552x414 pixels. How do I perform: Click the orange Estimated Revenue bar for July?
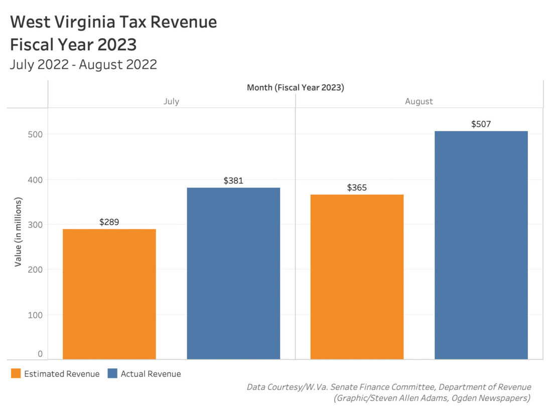[x=109, y=294]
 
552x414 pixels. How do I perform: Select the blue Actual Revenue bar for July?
[x=233, y=273]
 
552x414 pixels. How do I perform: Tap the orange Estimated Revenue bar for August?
[x=357, y=277]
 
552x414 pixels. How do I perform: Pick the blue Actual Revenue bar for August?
[x=481, y=245]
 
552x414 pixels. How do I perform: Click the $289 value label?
[x=109, y=222]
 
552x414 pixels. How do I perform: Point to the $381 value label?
[x=233, y=181]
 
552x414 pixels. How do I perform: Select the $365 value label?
[x=357, y=188]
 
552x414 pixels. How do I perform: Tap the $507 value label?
[x=481, y=124]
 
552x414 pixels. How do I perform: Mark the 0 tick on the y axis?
[x=40, y=354]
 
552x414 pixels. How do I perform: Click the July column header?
[x=171, y=101]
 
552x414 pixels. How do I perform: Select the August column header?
[x=419, y=101]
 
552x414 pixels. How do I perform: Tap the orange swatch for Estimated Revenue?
[x=16, y=374]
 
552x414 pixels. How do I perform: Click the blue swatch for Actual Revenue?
[x=112, y=374]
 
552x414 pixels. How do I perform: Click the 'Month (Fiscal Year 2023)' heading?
[x=295, y=88]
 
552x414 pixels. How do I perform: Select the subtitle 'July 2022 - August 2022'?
[x=83, y=64]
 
